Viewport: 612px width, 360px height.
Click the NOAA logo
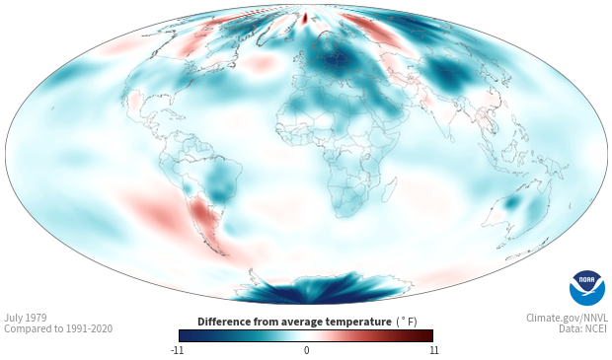click(x=587, y=288)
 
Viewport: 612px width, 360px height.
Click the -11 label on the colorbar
click(x=177, y=350)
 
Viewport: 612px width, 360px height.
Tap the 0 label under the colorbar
click(x=306, y=350)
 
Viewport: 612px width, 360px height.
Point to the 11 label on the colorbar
click(x=434, y=350)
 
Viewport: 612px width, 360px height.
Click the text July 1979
click(x=26, y=318)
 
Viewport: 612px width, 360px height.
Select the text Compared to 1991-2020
click(x=58, y=328)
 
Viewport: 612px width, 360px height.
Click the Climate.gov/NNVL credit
click(x=567, y=318)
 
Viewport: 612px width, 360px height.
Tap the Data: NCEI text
click(x=583, y=328)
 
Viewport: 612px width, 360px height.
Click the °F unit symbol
click(x=407, y=323)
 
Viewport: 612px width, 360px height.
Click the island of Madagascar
click(x=389, y=189)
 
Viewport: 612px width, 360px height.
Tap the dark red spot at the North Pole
click(x=305, y=17)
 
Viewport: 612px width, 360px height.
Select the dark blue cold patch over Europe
click(x=334, y=62)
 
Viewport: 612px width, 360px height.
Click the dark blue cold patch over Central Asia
click(x=447, y=76)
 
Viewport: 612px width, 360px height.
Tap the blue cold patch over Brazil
click(x=218, y=183)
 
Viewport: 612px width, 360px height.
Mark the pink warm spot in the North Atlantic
click(x=260, y=62)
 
